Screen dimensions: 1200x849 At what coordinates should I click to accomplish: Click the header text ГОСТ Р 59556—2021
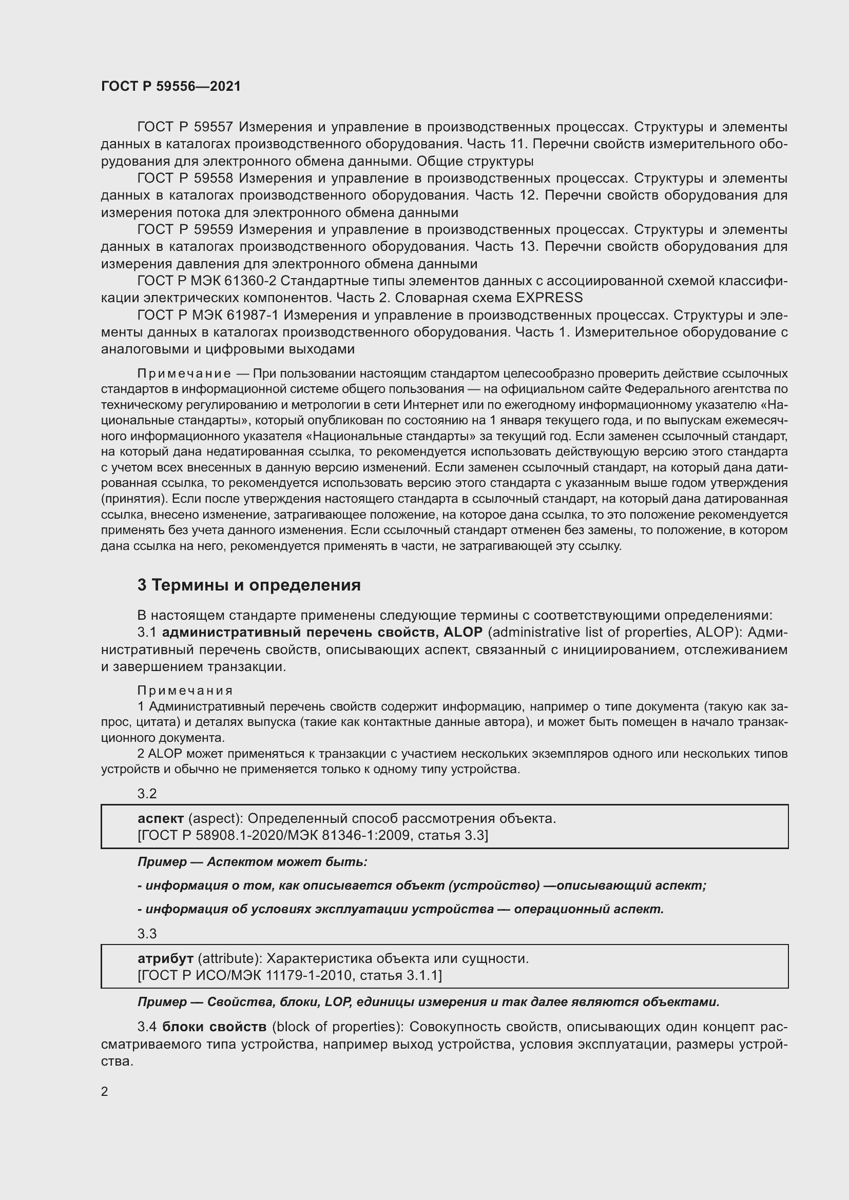171,86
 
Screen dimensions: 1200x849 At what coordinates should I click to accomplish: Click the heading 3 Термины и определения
249,585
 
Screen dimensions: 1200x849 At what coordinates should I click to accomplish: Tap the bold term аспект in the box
161,818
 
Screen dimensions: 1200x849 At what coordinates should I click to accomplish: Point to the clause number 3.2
147,794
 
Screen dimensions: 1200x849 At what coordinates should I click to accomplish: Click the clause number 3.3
147,934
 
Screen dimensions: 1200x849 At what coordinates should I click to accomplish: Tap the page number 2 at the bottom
105,1091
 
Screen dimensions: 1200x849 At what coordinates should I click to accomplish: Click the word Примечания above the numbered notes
185,691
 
